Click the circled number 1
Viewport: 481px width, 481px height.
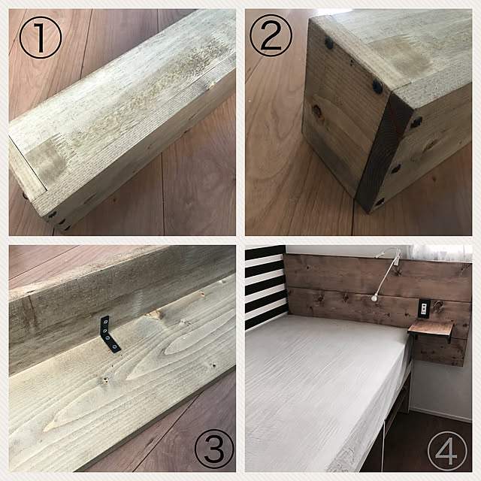tap(41, 38)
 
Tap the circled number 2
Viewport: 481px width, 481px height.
tap(271, 35)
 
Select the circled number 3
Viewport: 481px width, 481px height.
tap(214, 449)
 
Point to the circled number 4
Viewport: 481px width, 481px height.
tap(447, 450)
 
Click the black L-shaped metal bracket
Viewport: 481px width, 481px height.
tap(109, 335)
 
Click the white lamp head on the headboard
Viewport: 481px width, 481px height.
tap(374, 297)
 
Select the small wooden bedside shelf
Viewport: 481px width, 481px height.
tap(430, 331)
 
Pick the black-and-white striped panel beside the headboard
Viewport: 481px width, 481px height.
tap(266, 286)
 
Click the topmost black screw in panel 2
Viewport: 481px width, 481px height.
tap(329, 44)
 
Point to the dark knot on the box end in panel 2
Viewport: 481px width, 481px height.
tap(317, 111)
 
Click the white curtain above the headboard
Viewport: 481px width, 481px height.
tap(442, 253)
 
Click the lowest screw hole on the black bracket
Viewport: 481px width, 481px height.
tap(115, 347)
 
